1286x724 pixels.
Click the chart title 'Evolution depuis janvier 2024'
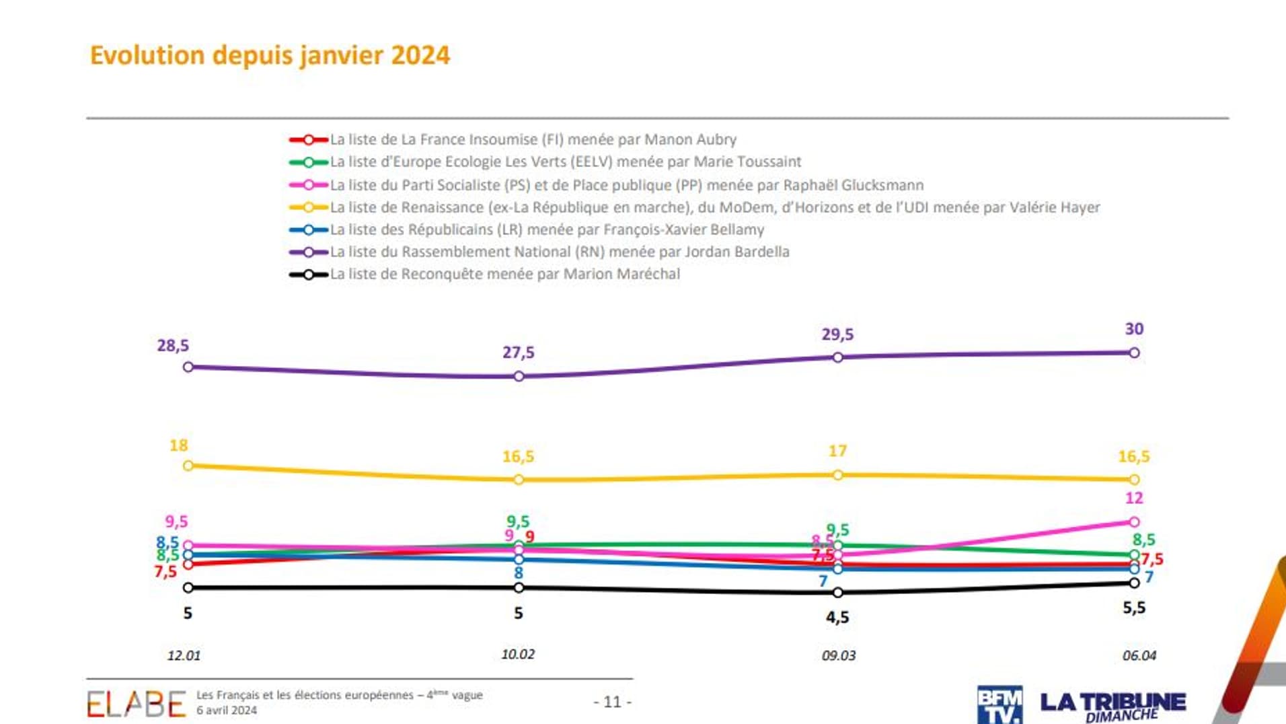point(270,55)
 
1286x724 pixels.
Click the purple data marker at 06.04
point(1134,353)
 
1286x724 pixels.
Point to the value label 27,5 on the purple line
point(518,353)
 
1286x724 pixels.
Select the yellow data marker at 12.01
point(188,466)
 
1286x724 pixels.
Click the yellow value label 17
point(837,451)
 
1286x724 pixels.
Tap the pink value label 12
point(1134,499)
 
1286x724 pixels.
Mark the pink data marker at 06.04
point(1134,522)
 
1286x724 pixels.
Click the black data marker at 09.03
point(837,593)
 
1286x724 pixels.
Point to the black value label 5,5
point(1134,608)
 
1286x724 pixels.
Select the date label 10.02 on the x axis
point(518,654)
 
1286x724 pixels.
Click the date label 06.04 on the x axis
point(1139,655)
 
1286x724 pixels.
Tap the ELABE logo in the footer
point(136,704)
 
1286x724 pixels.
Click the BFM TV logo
point(999,704)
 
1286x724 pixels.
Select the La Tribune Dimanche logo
point(1113,706)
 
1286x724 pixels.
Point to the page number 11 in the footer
point(612,702)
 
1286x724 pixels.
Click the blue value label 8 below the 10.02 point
point(518,573)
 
